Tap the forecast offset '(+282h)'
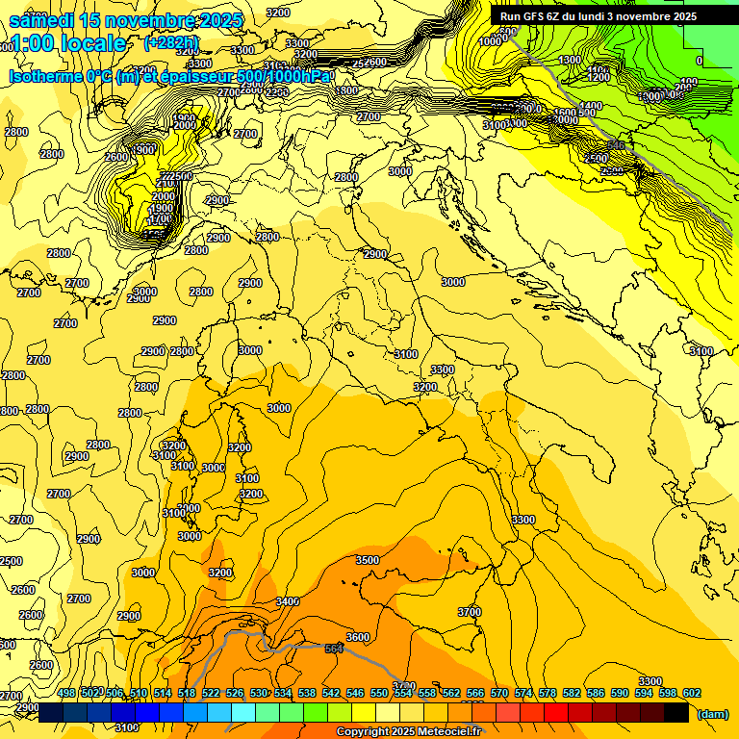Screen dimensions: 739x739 click(171, 42)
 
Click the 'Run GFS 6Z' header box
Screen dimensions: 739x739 click(598, 16)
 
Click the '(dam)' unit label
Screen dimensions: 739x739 click(712, 714)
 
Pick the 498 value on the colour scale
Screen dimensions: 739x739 click(66, 693)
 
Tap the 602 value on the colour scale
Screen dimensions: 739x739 click(691, 693)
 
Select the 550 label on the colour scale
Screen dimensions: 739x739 click(379, 693)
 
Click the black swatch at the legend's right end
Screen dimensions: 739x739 click(676, 712)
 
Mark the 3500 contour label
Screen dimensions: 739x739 click(368, 560)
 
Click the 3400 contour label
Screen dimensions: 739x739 click(287, 601)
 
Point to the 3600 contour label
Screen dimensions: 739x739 click(358, 637)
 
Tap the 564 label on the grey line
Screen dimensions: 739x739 click(334, 650)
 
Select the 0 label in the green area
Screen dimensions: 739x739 click(700, 61)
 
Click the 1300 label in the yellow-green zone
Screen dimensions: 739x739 click(570, 60)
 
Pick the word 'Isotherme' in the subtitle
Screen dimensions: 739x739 click(45, 76)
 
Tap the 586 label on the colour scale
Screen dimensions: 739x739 click(595, 693)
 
